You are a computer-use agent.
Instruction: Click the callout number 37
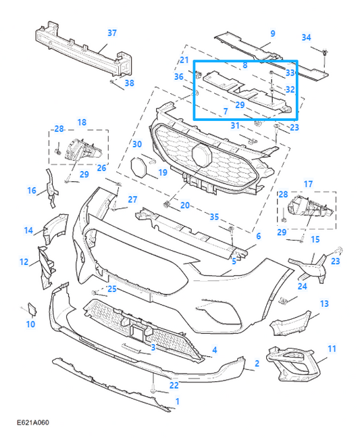tap(112, 33)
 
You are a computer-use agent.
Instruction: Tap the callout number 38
tap(129, 83)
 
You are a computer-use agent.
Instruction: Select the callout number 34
tap(306, 37)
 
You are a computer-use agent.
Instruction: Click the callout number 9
tap(273, 34)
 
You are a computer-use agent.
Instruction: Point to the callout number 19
tap(163, 172)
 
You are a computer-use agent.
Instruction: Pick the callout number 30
tap(136, 144)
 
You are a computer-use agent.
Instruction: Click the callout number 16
tap(32, 191)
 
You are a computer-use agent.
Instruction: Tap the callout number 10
tap(30, 324)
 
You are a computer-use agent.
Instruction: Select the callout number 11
tap(332, 349)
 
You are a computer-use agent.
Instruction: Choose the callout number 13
tap(324, 303)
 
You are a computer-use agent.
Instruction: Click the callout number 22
tap(174, 385)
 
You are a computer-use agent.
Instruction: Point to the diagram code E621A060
tap(33, 422)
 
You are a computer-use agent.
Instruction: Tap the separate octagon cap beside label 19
tap(138, 167)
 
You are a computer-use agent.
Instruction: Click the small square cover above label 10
tap(32, 308)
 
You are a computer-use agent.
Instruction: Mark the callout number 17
tap(308, 184)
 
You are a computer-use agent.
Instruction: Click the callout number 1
tap(177, 401)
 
